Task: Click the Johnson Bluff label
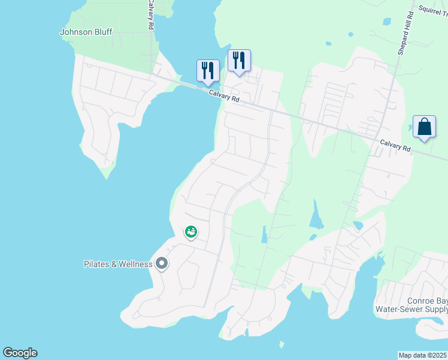point(86,32)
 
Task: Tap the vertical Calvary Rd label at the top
point(151,15)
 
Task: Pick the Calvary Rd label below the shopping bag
point(395,145)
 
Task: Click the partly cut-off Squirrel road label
point(433,10)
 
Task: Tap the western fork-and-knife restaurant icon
point(207,70)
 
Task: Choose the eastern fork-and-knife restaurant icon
point(238,59)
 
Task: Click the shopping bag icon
point(424,127)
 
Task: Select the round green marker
point(190,231)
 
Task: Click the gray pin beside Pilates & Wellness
point(161,263)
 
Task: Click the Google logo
point(20,353)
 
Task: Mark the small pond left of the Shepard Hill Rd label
point(387,22)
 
